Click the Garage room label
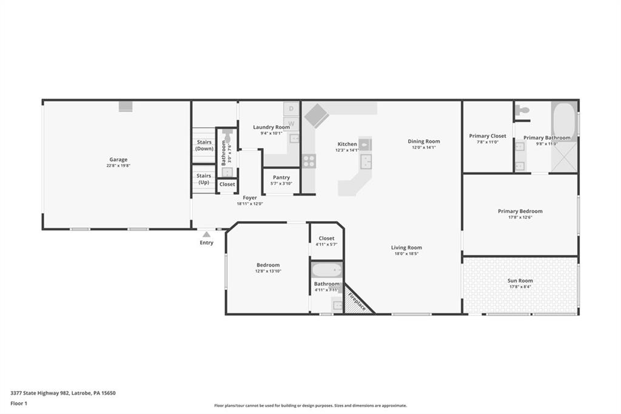click(118, 160)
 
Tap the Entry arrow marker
click(207, 234)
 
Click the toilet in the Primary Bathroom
click(522, 110)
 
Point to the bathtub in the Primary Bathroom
click(563, 117)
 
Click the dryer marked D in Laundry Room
click(291, 109)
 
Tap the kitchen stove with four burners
click(309, 161)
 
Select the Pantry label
click(281, 178)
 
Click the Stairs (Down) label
click(204, 145)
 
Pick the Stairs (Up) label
click(204, 178)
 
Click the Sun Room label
click(520, 280)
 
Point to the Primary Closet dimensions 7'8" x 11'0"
click(488, 142)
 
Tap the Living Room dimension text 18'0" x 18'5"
click(406, 254)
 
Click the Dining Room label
click(424, 141)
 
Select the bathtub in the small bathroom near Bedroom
click(326, 270)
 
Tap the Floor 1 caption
click(21, 403)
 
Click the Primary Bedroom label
click(520, 211)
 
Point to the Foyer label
click(250, 198)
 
